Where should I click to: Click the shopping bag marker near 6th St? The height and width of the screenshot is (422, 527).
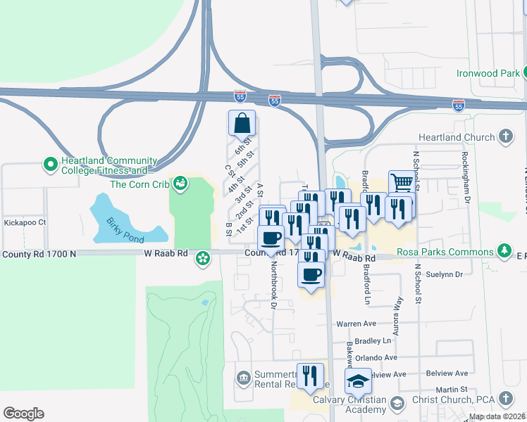point(242,124)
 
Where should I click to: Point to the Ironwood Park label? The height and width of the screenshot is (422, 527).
point(487,73)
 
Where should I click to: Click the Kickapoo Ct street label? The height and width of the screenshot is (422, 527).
point(25,222)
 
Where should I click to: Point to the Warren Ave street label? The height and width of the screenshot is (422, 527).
point(356,324)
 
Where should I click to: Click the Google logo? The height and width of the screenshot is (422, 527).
point(23,414)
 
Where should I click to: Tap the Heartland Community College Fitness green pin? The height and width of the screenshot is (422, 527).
point(50,165)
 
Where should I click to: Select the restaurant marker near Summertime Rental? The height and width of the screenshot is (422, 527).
point(310,376)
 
